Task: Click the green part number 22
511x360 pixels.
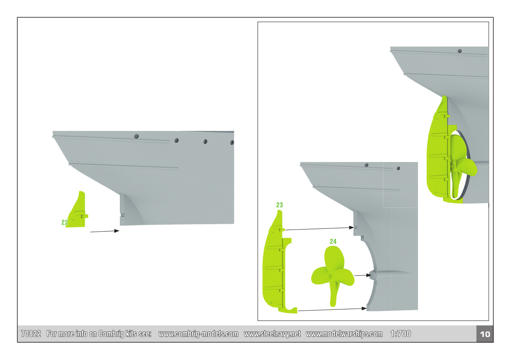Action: (65, 222)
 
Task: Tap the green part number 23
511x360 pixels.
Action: (280, 205)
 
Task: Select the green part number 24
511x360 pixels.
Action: (333, 242)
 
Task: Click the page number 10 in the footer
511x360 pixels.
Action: (485, 334)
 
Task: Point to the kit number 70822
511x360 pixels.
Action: (31, 334)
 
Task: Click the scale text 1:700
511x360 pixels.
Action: (401, 334)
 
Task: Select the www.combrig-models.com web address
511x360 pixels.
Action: (198, 334)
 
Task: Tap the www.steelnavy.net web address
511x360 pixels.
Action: (272, 334)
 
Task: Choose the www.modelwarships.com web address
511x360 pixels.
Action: (344, 334)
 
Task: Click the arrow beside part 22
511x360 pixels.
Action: (105, 231)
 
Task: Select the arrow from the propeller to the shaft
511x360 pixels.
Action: (363, 275)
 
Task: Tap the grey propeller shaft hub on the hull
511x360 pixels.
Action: (372, 275)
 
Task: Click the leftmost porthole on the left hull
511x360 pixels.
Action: (136, 136)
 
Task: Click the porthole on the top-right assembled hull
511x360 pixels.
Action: (460, 51)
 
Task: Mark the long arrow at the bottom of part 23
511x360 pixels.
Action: (332, 310)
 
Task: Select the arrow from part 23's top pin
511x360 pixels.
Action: (320, 229)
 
